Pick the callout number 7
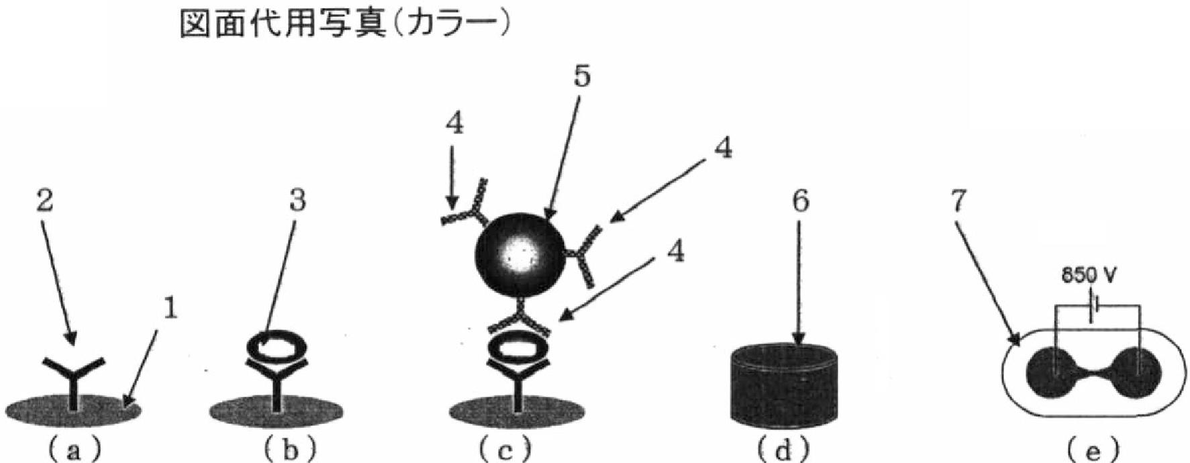click(956, 201)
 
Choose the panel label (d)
click(783, 450)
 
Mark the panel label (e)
click(1093, 450)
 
